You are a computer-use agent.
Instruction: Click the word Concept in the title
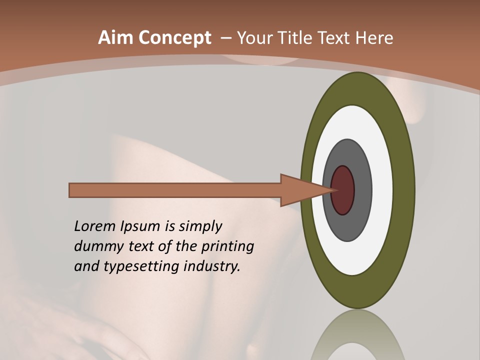[x=175, y=38]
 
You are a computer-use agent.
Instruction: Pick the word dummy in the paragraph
[x=93, y=246]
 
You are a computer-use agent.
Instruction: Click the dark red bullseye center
[x=342, y=190]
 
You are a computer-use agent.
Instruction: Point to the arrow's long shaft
[x=175, y=190]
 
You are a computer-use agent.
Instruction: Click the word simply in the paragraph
[x=200, y=226]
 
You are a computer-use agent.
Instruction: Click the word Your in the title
[x=253, y=38]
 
